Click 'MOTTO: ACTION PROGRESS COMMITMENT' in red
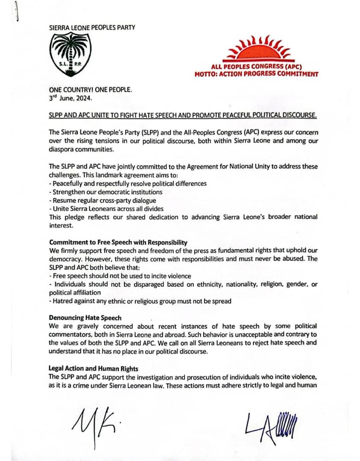256,74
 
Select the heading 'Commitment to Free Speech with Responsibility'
118,242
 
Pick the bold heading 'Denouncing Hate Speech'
85,318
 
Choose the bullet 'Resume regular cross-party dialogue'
102,200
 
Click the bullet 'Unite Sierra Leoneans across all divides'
106,208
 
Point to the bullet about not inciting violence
120,276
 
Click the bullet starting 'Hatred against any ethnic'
140,301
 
